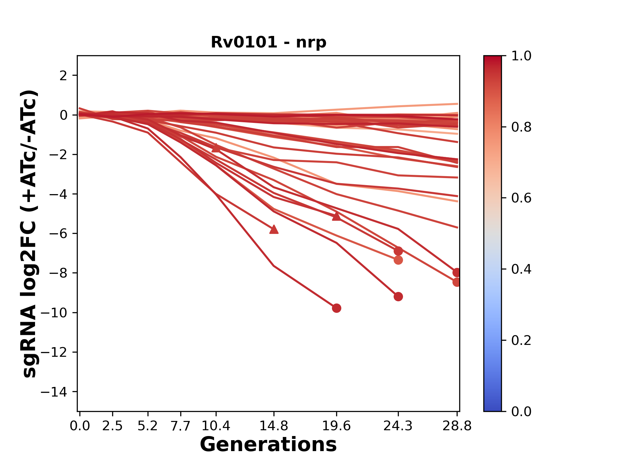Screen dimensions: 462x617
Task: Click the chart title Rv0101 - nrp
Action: (x=268, y=42)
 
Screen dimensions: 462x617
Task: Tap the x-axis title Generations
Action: (x=268, y=445)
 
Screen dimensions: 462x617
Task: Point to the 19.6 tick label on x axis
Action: (x=336, y=426)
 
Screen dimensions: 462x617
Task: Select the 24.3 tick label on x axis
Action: (x=398, y=426)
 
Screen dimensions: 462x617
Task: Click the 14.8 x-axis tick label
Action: (x=274, y=426)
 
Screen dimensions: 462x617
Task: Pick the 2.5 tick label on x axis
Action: (x=112, y=426)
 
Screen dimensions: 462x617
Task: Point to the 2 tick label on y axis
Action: (x=63, y=76)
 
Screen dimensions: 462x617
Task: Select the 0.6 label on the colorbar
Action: (x=521, y=198)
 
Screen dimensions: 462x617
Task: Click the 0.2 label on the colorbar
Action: (x=521, y=340)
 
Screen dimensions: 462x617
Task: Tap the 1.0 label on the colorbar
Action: (x=521, y=56)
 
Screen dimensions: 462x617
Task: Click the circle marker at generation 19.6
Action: (x=336, y=308)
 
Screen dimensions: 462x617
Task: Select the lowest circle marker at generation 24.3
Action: (x=398, y=297)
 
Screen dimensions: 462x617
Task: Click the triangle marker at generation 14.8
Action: (x=274, y=229)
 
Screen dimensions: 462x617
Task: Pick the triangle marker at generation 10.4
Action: (x=216, y=148)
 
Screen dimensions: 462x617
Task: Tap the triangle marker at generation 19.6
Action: (x=336, y=216)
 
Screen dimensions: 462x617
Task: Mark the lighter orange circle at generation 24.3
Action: (x=398, y=260)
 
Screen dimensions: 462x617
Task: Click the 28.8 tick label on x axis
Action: (x=457, y=426)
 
